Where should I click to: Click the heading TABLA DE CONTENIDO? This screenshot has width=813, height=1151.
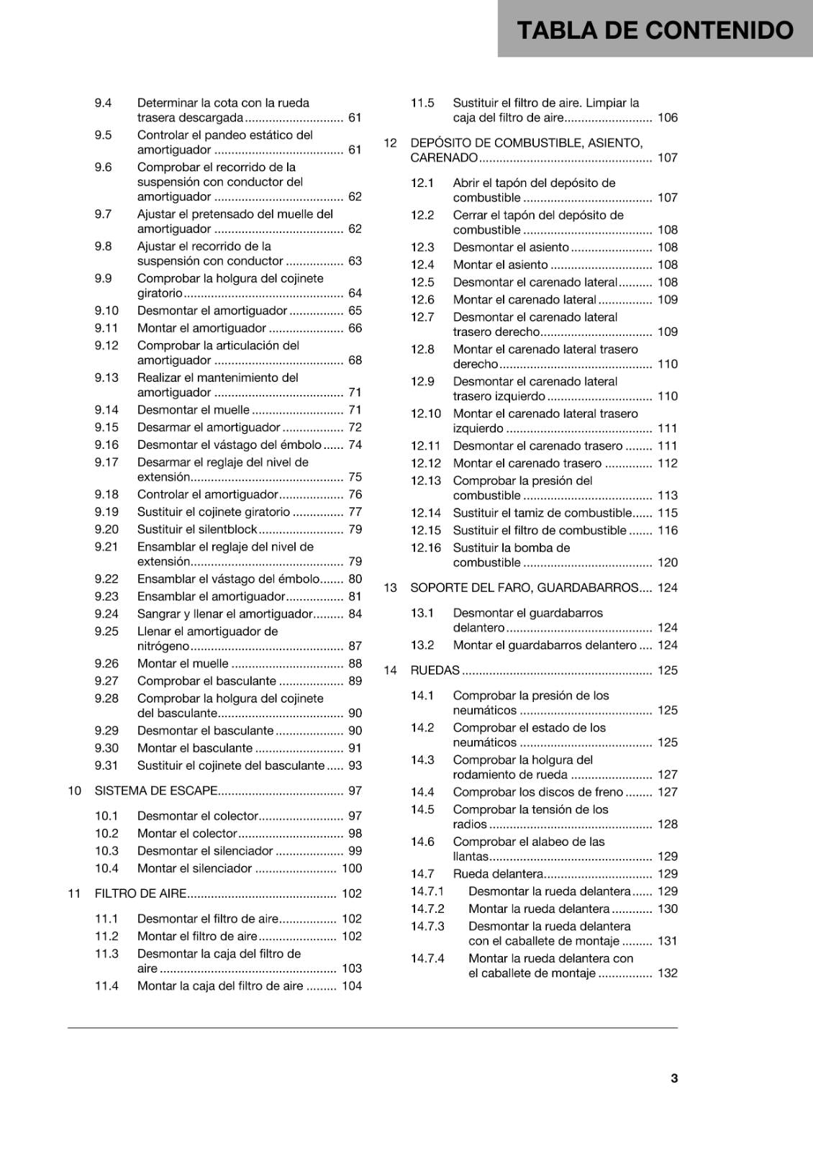coord(655,30)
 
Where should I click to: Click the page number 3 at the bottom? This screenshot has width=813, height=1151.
coord(674,1078)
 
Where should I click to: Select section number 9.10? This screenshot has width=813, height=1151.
coord(106,311)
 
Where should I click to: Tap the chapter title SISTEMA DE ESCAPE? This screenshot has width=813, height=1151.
coord(156,791)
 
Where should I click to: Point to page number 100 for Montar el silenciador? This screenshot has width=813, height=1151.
coord(352,868)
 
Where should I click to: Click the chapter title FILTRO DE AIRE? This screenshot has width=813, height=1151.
coord(140,893)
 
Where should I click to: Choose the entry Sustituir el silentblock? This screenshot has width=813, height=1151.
coord(197,529)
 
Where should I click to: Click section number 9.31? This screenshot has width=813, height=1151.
coord(106,765)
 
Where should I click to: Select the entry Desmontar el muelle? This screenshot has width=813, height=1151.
coord(193,410)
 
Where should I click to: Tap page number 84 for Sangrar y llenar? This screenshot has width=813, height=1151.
coord(355,614)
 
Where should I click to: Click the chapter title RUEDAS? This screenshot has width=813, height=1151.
coord(435,670)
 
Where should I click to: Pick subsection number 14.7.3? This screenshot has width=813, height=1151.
coord(427,927)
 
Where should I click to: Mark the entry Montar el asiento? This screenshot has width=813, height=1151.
coord(500,265)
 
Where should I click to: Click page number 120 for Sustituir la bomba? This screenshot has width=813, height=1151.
coord(668,563)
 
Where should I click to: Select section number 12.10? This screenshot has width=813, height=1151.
coord(425,414)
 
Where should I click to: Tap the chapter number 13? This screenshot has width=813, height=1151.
coord(390,588)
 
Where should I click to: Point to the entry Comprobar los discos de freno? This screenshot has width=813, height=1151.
coord(537,792)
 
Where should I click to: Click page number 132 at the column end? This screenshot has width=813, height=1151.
coord(668,973)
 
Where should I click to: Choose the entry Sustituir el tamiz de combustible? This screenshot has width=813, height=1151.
coord(542,513)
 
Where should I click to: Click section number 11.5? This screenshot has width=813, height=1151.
coord(422,103)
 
